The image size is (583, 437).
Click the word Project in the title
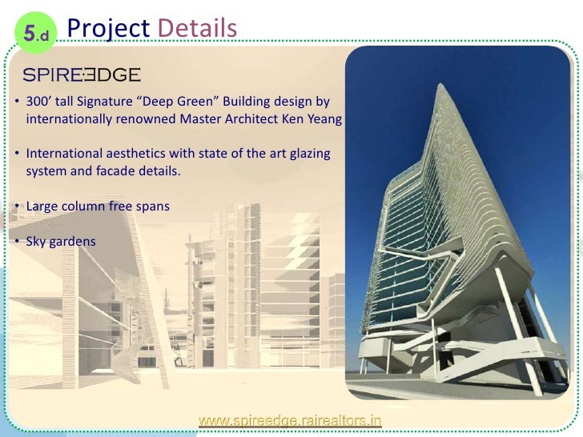(x=108, y=28)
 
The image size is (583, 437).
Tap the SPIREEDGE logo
(x=82, y=75)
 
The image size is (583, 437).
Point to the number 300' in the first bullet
(x=38, y=103)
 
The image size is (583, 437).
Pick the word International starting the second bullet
(x=64, y=154)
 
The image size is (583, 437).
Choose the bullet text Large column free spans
(x=98, y=206)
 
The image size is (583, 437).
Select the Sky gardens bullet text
(x=61, y=241)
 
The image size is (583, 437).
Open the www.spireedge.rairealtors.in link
(x=291, y=419)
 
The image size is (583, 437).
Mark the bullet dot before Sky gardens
(x=17, y=241)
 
